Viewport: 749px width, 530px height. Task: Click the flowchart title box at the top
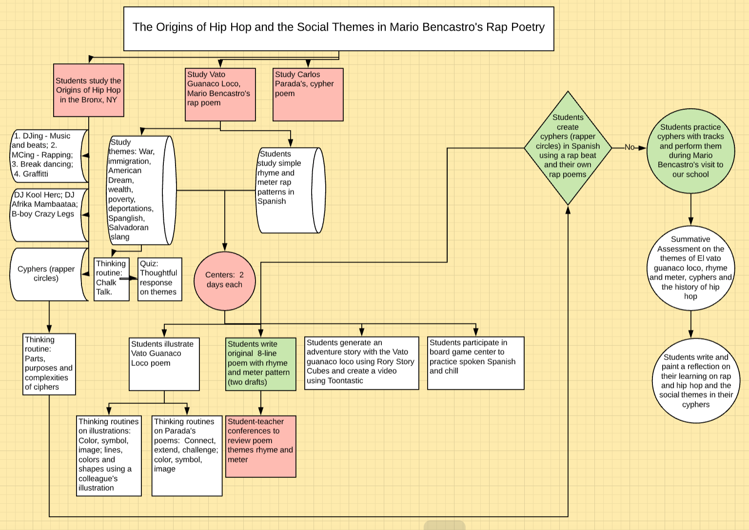tap(338, 28)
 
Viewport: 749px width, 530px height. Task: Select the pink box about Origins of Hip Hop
tap(88, 90)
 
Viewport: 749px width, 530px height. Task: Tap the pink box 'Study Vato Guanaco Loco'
tap(220, 94)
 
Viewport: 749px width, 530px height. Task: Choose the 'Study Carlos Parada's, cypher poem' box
tap(308, 94)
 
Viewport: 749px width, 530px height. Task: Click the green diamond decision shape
tap(568, 148)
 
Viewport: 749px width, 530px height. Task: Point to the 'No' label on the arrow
tap(630, 147)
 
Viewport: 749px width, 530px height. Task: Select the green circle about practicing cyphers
tap(690, 151)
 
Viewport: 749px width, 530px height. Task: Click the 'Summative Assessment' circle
tap(690, 267)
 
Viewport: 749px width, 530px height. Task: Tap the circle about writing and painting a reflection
tap(696, 380)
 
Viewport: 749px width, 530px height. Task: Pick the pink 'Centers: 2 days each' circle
tap(224, 281)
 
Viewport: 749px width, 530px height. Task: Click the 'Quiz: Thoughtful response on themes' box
tap(159, 279)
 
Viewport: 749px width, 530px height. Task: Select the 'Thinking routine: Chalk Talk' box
tap(111, 279)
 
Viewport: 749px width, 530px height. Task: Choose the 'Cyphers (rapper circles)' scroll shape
tap(47, 274)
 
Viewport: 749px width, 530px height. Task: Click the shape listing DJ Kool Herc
tap(47, 214)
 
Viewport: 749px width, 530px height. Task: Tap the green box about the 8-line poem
tap(260, 363)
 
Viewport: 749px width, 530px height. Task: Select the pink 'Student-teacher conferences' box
tap(260, 446)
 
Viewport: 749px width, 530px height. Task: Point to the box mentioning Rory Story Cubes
tap(361, 362)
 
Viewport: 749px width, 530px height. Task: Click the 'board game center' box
tap(475, 362)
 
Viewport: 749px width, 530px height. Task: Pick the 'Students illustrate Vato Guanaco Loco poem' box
tap(164, 363)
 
